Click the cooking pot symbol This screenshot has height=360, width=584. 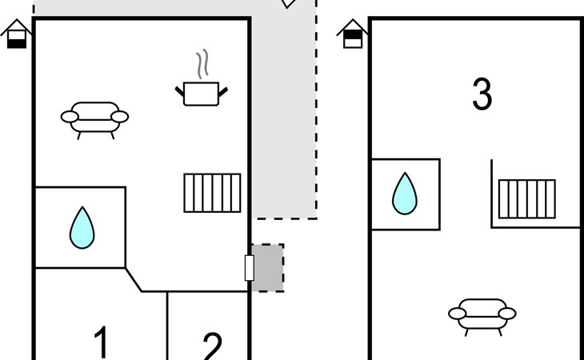[x=201, y=94]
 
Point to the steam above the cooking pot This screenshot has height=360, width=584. [x=203, y=63]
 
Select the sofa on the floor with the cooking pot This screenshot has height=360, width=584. [x=94, y=117]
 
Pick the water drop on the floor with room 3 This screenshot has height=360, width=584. [x=405, y=194]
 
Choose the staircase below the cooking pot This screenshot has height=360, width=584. [x=212, y=193]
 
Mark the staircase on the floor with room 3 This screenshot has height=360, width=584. [x=526, y=198]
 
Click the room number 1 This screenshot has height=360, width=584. [x=101, y=342]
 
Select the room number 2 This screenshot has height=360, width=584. [x=211, y=346]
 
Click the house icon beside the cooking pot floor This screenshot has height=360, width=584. [x=17, y=34]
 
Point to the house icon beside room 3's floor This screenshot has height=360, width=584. [x=352, y=34]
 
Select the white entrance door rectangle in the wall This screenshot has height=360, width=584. [x=249, y=268]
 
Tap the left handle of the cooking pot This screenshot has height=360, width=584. [x=180, y=91]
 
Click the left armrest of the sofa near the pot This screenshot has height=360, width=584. [x=69, y=118]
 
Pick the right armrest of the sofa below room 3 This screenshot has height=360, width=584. [x=507, y=312]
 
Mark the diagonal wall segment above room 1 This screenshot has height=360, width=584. [x=134, y=279]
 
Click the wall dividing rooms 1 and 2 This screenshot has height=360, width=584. [x=167, y=326]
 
